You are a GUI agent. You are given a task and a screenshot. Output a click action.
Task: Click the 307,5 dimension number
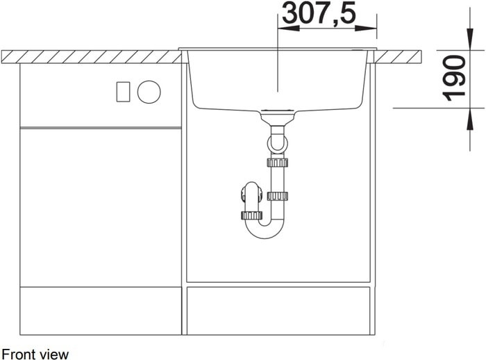pyautogui.click(x=319, y=13)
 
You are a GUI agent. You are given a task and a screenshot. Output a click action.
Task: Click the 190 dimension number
pyautogui.click(x=454, y=79)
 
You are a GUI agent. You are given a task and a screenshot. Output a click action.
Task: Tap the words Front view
pyautogui.click(x=35, y=354)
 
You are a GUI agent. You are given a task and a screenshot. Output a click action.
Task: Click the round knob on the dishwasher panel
pyautogui.click(x=149, y=92)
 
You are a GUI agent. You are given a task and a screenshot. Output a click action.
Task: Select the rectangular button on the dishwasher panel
pyautogui.click(x=123, y=92)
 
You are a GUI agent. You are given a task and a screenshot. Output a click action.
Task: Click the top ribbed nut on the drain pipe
pyautogui.click(x=277, y=163)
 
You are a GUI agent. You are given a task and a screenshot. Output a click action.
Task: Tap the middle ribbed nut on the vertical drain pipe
pyautogui.click(x=277, y=196)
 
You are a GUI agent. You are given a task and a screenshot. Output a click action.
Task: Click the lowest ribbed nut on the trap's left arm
pyautogui.click(x=251, y=215)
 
